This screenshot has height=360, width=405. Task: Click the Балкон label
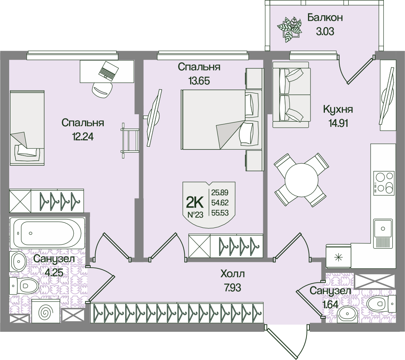325,18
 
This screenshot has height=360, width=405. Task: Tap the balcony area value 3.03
325,31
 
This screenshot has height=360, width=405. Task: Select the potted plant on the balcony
290,29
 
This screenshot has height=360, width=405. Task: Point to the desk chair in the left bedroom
103,90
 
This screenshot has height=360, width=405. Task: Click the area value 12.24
83,136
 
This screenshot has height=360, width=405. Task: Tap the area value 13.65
199,81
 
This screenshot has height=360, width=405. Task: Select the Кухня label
338,109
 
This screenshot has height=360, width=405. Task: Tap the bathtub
47,233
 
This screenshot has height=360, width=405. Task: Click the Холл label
232,274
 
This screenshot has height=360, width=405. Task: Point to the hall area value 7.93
232,287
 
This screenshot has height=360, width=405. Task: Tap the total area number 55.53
220,213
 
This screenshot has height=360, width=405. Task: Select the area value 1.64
331,305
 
